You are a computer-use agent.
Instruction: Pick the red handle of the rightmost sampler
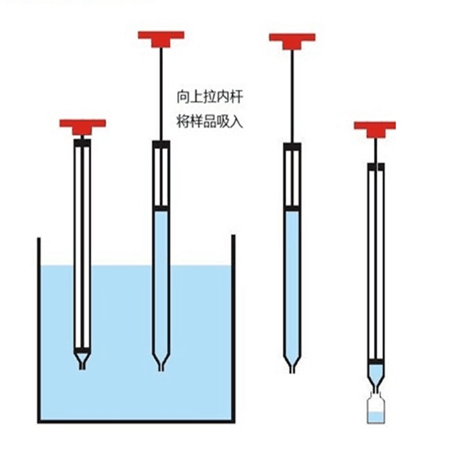375,127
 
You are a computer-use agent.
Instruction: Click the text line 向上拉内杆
210,97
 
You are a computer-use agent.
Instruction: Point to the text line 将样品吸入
210,122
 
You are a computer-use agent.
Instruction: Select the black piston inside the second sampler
161,208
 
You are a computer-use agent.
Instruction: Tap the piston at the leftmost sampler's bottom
82,350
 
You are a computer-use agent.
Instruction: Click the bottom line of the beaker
136,421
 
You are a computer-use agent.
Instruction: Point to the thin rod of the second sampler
161,92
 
